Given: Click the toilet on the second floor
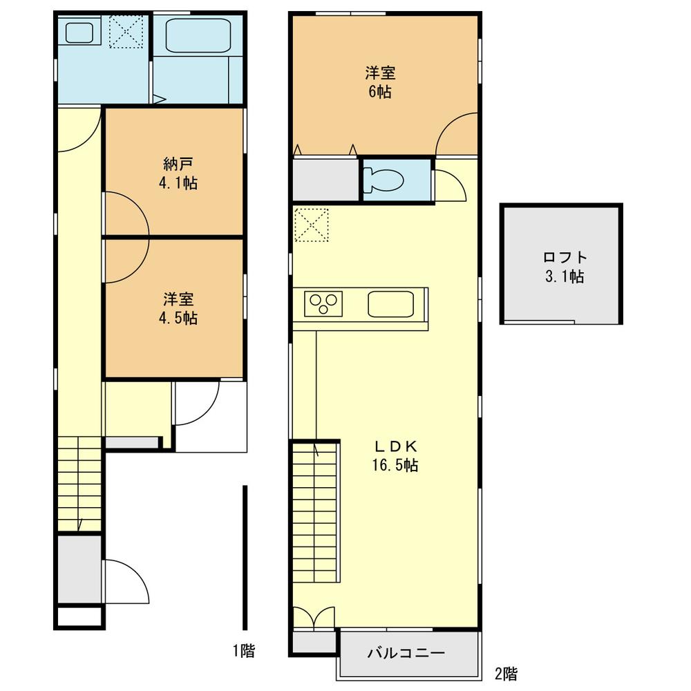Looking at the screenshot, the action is point(384,180).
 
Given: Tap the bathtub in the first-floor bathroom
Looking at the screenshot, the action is point(198,36).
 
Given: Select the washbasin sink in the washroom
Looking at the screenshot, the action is point(79,33).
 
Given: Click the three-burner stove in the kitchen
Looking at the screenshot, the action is point(323,303).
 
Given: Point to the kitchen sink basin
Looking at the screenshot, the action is point(390,304).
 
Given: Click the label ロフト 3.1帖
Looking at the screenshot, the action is point(565,267).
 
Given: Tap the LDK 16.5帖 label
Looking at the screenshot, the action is point(395,455).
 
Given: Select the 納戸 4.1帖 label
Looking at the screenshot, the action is point(178,173).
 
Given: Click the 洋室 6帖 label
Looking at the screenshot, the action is point(380,82).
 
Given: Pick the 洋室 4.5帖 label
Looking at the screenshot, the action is point(178,308).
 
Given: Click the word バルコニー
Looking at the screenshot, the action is point(406,652).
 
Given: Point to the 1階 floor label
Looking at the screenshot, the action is point(244,650).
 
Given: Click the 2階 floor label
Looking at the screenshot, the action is point(506,674).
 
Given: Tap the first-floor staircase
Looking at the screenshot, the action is point(79,484).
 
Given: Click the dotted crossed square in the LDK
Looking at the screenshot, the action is point(312,225).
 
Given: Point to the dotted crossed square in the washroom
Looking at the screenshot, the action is point(126,31).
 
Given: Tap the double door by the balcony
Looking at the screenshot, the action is point(314,617).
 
